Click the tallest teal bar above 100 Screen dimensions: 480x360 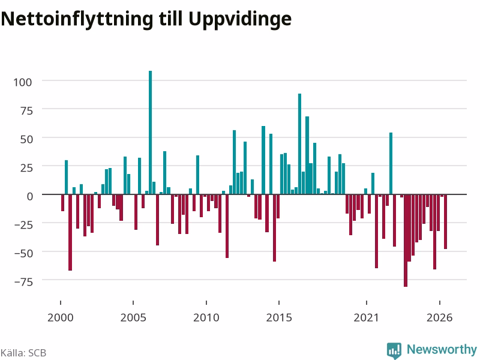151,132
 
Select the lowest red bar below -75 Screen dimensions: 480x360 406,241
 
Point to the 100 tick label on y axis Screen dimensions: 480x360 22,82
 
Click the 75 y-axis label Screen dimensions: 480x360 26,110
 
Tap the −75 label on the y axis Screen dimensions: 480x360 23,281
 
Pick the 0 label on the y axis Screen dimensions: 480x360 29,196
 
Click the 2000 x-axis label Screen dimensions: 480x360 61,317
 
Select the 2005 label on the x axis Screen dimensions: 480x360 133,317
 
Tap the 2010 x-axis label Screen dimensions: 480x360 206,317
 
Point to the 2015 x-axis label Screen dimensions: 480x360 279,317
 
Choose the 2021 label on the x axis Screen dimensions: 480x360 367,317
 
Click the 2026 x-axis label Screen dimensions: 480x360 440,317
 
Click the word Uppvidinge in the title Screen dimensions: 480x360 239,20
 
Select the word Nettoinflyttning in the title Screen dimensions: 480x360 77,20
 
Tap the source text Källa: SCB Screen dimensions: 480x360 23,353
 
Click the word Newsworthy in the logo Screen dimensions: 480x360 442,349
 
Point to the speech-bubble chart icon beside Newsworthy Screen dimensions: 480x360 394,350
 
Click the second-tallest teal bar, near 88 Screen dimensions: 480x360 299,144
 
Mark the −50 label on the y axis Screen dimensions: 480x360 23,253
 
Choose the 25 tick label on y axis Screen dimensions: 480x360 26,168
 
